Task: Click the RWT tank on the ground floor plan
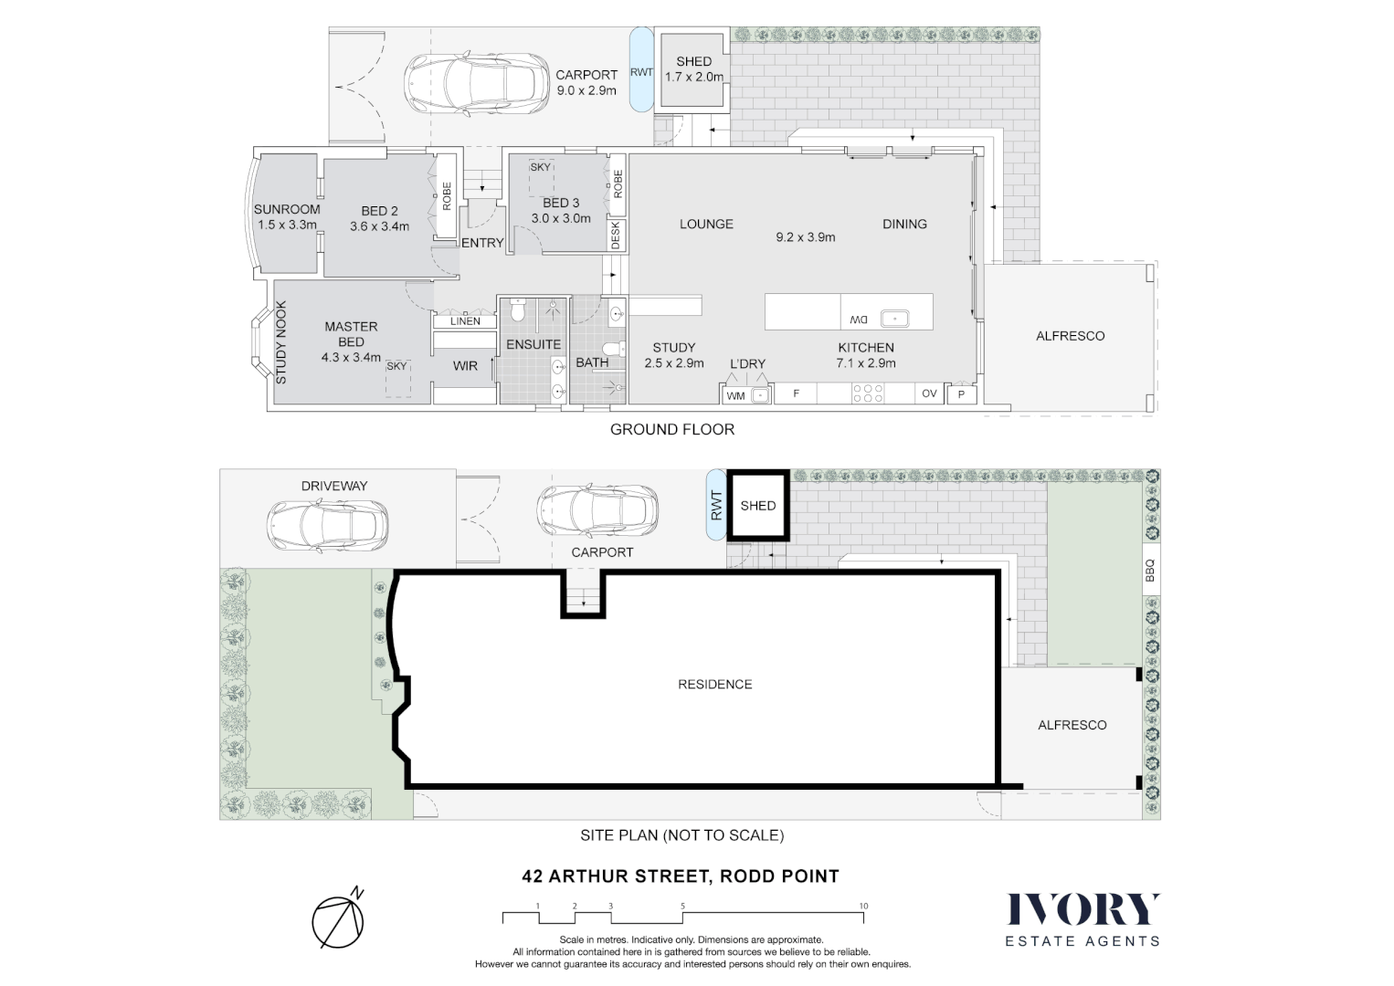click(x=641, y=72)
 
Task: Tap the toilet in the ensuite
click(x=518, y=313)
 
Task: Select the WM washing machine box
click(x=735, y=395)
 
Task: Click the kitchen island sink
click(x=893, y=319)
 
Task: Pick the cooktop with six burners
click(x=867, y=393)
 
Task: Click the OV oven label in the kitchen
click(x=929, y=393)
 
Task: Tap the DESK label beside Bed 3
click(x=616, y=236)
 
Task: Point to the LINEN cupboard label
click(x=465, y=321)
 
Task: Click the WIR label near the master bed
click(x=465, y=366)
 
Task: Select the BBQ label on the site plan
click(x=1150, y=571)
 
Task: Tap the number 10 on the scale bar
click(x=863, y=907)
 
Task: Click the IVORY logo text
click(x=1082, y=910)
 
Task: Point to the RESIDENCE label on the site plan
click(x=714, y=685)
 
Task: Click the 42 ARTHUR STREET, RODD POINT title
click(x=680, y=876)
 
